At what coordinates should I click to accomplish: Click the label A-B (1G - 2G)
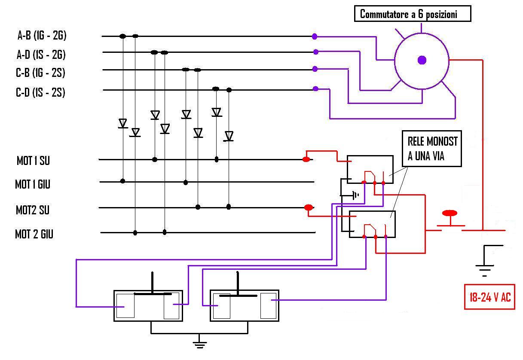click(42, 36)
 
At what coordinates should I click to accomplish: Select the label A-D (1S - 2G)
click(41, 55)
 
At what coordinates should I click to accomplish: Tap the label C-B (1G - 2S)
click(40, 73)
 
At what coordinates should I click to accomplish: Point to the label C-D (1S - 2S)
click(40, 92)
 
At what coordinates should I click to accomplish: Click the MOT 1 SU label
click(33, 161)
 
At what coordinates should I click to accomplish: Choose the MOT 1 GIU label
click(33, 184)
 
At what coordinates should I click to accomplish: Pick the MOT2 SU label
click(33, 210)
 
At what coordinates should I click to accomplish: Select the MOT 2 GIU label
click(34, 234)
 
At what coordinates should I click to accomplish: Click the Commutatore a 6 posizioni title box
click(413, 14)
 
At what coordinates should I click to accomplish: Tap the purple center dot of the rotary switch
click(422, 60)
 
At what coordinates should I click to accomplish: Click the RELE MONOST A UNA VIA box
click(432, 149)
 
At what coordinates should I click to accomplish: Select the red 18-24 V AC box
click(489, 297)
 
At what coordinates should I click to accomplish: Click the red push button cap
click(450, 213)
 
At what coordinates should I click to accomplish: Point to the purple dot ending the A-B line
click(315, 37)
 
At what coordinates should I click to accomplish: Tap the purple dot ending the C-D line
click(315, 88)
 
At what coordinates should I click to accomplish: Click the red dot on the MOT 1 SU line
click(306, 159)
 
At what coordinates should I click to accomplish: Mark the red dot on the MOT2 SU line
click(309, 207)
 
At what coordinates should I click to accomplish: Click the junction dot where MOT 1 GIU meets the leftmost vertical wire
click(122, 181)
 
